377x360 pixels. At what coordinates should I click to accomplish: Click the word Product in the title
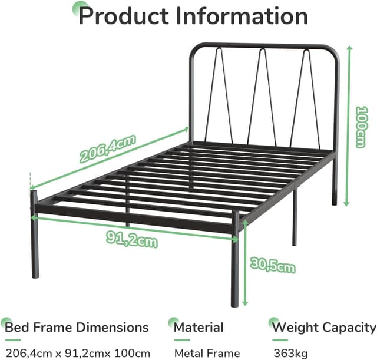point(124,16)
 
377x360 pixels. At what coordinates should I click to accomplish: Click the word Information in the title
point(242,16)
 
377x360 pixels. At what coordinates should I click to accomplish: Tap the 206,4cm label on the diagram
point(107,148)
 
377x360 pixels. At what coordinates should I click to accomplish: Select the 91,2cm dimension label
point(132,239)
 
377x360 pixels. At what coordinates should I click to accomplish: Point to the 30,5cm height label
point(272,265)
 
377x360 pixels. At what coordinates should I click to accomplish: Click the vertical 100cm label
point(362,127)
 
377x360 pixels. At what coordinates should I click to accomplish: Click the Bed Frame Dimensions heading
point(77,327)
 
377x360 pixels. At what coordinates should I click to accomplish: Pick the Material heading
point(199,327)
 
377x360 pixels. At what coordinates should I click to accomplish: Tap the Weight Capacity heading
point(324,328)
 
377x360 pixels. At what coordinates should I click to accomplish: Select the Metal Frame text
point(207,354)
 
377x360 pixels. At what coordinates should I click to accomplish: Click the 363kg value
point(290,354)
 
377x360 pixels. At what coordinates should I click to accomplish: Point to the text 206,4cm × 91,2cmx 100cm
point(78,354)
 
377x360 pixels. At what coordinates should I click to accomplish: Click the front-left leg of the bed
point(34,235)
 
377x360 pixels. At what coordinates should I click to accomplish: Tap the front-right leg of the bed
point(235,259)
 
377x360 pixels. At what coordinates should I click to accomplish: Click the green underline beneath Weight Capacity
point(280,341)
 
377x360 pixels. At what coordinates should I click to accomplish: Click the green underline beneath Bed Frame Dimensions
point(13,341)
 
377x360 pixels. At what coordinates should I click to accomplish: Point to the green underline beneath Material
point(182,341)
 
